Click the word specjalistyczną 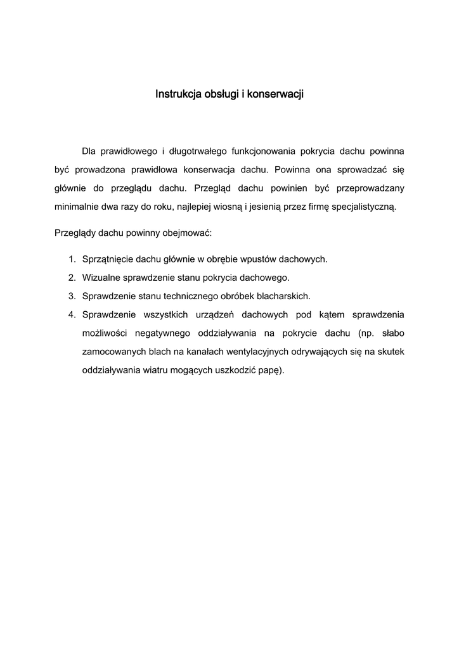tap(365, 206)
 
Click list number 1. tap(72, 259)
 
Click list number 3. tap(72, 296)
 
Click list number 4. tap(72, 314)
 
